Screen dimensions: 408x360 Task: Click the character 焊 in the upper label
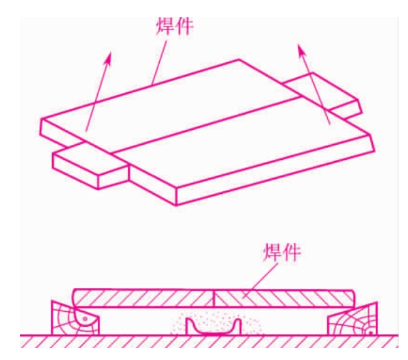point(165,26)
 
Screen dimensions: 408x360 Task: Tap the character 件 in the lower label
point(291,252)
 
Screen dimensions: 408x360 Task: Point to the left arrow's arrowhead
point(108,58)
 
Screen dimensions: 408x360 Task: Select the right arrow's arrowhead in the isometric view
point(301,50)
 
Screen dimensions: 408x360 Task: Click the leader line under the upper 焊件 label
point(159,63)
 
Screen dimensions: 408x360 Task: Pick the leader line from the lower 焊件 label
point(260,280)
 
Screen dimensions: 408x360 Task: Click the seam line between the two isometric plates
point(207,124)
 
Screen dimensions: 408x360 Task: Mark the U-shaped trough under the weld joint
point(213,327)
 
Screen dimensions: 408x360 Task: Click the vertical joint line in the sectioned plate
point(213,299)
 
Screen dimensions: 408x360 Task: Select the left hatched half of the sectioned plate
point(143,298)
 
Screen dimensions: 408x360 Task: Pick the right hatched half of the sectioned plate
point(284,299)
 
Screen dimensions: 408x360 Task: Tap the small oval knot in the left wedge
point(85,319)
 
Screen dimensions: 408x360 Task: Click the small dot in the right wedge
point(370,332)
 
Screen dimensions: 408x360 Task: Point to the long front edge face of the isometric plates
point(275,170)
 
